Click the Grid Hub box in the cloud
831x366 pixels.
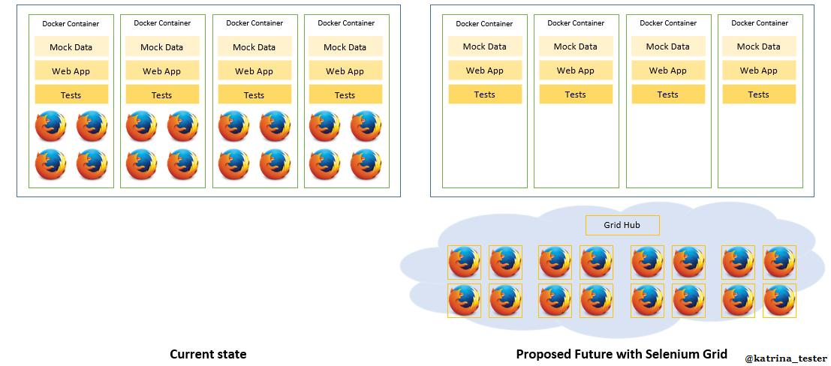(622, 225)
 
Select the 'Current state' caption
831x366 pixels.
(208, 354)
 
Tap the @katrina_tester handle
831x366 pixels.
(786, 358)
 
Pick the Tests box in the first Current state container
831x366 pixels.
(71, 95)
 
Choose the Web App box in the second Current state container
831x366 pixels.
(162, 71)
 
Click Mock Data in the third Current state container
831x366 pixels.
(254, 47)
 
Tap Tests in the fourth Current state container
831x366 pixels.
(345, 95)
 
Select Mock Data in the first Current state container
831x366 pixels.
(71, 47)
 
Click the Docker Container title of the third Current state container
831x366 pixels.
(254, 23)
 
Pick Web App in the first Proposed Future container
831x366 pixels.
(485, 70)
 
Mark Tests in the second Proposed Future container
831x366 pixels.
(576, 94)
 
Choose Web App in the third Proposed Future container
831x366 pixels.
(668, 70)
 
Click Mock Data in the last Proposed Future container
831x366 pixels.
(759, 46)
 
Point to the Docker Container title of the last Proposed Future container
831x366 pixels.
(759, 23)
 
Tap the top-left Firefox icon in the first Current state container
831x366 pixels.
(51, 126)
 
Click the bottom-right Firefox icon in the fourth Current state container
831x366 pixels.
(366, 164)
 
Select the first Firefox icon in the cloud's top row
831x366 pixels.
(464, 262)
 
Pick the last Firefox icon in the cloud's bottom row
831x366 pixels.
(779, 301)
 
